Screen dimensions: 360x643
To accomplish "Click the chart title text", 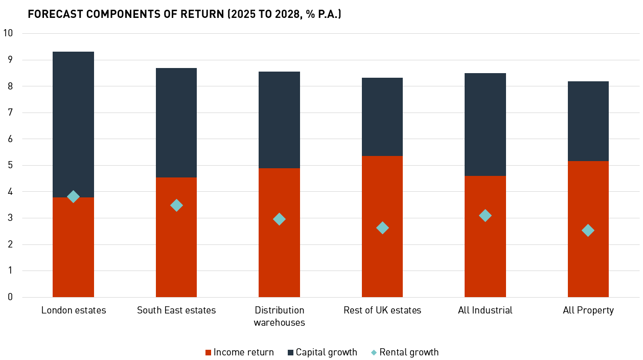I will point(185,14).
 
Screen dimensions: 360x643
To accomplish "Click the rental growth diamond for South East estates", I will point(176,205).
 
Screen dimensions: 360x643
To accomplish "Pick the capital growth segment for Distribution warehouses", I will point(279,120).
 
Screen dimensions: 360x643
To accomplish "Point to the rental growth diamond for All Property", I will point(588,230).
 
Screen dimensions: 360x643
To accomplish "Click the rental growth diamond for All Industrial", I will point(485,215).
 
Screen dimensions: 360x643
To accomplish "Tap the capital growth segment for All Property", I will point(588,121).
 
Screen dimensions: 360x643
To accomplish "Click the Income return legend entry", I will point(239,352).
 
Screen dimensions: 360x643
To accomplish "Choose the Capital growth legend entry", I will point(322,352).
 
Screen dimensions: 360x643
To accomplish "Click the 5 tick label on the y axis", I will point(10,165).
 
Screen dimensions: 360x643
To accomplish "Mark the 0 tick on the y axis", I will point(10,297).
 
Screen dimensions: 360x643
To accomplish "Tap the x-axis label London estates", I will point(74,310).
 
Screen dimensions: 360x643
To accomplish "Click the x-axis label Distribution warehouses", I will point(279,316).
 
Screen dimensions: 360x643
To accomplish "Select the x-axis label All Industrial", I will point(485,310).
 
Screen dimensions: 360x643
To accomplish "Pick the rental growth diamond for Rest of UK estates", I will point(382,228).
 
